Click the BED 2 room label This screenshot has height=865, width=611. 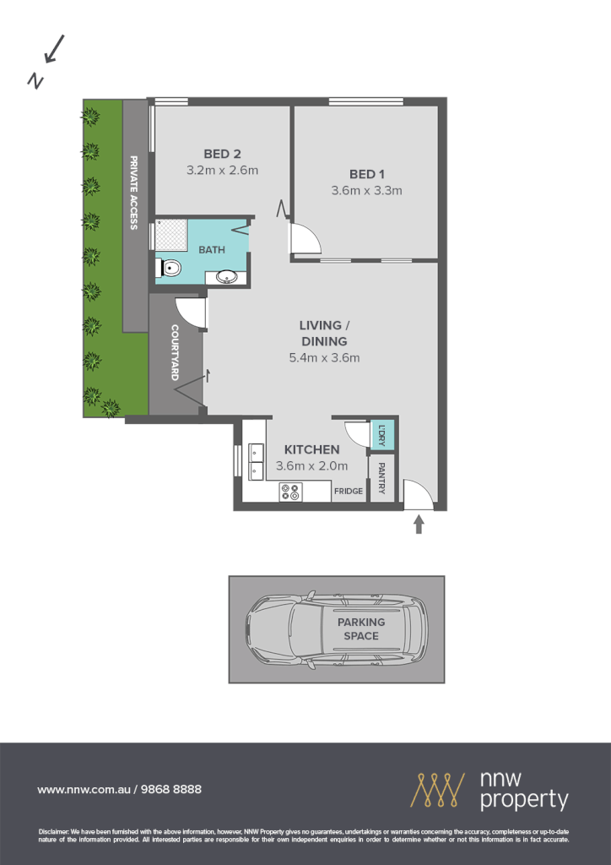pos(222,154)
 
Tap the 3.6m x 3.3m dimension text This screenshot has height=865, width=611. pos(366,191)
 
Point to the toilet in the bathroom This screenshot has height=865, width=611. pos(170,269)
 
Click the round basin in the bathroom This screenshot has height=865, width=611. pos(227,275)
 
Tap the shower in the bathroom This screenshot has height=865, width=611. pos(171,234)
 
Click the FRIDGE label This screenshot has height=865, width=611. pos(349,491)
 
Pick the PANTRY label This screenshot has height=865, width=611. pos(381,478)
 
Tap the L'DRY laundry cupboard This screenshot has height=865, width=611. pos(382,434)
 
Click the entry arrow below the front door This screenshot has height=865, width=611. pos(419,526)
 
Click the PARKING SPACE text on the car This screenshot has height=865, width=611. pos(361,629)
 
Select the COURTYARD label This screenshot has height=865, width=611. pos(175,352)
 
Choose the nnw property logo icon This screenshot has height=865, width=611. pos(438,789)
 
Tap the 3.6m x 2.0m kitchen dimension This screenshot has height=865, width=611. pos(311,466)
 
